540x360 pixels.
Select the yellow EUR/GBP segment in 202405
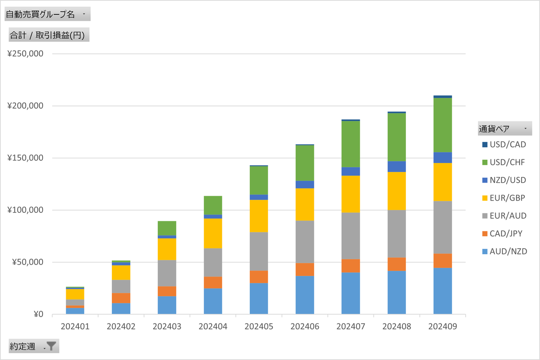click(x=259, y=216)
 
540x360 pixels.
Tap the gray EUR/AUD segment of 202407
click(x=351, y=236)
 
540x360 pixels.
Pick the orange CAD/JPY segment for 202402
click(x=121, y=298)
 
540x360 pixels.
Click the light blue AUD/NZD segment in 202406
click(x=305, y=295)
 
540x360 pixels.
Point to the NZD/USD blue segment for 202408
click(x=397, y=167)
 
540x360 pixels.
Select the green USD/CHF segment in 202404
click(x=213, y=205)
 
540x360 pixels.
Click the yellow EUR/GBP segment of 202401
click(x=75, y=294)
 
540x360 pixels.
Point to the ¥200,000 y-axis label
click(x=25, y=106)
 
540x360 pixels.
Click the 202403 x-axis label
click(x=167, y=326)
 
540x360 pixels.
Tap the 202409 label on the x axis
click(x=443, y=326)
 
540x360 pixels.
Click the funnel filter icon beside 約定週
click(x=51, y=346)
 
